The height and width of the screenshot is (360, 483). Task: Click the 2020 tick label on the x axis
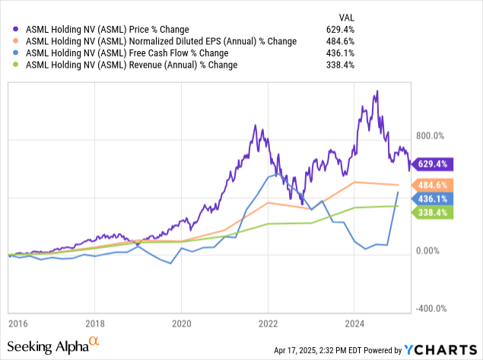181,322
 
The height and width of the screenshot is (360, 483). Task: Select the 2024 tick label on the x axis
354,322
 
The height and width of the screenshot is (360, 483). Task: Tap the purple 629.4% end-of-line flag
433,163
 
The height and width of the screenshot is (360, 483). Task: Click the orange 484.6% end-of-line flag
433,185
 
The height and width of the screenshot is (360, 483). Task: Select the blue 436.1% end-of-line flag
433,199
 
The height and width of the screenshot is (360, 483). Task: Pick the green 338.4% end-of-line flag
433,212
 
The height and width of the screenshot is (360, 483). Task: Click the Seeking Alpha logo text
51,347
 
